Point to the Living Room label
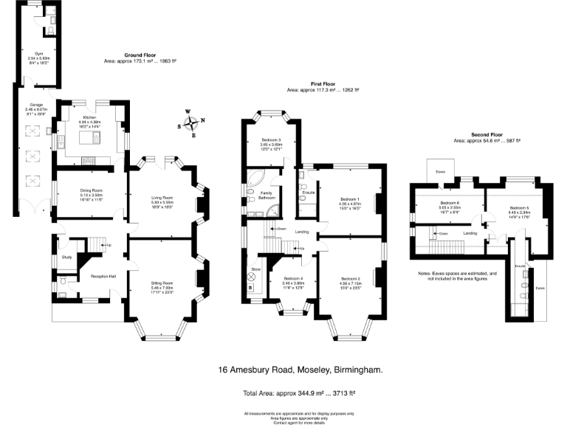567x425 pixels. pyautogui.click(x=162, y=197)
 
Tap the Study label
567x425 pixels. pyautogui.click(x=66, y=257)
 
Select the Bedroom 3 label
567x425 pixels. pyautogui.click(x=271, y=139)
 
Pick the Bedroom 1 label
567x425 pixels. pyautogui.click(x=349, y=198)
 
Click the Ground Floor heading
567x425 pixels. pyautogui.click(x=140, y=55)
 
